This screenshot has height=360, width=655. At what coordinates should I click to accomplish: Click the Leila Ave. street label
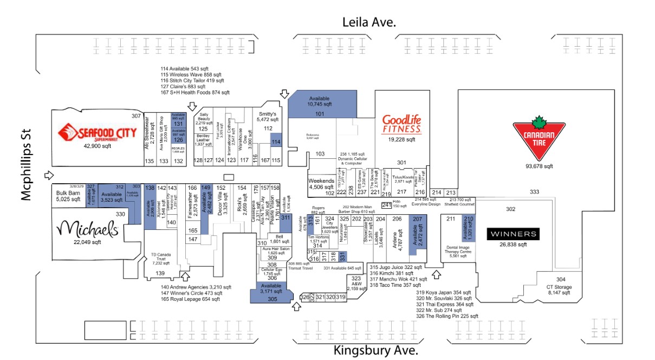pyautogui.click(x=369, y=22)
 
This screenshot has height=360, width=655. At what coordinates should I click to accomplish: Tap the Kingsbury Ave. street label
pyautogui.click(x=375, y=350)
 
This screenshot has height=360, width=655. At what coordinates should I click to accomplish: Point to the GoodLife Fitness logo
pyautogui.click(x=401, y=124)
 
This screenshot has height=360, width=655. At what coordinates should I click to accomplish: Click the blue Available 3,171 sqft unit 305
pyautogui.click(x=272, y=292)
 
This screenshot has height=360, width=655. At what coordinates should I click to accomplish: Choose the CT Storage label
pyautogui.click(x=560, y=290)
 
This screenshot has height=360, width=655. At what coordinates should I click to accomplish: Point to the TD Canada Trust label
pyautogui.click(x=160, y=259)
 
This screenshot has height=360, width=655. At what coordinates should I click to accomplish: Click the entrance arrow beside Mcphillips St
pyautogui.click(x=49, y=175)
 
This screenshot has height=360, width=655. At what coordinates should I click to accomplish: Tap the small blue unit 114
pyautogui.click(x=276, y=142)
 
